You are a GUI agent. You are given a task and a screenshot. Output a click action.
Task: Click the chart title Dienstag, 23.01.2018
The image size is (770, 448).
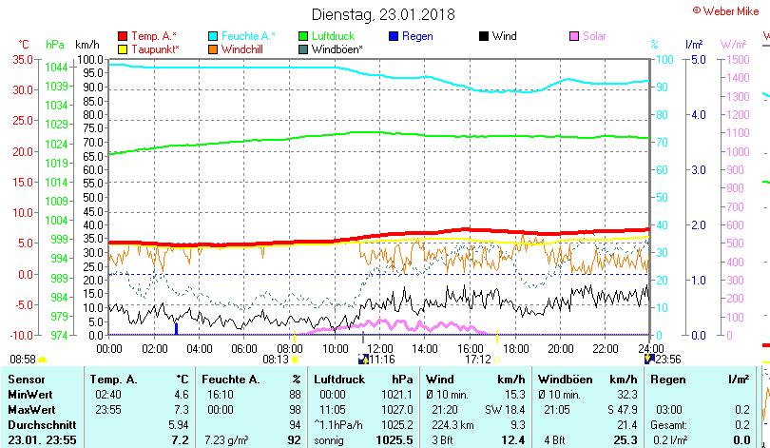pyautogui.click(x=383, y=14)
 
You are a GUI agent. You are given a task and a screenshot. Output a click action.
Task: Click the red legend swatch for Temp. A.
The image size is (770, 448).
pyautogui.click(x=123, y=36)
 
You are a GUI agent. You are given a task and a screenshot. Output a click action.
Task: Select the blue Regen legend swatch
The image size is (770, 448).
pyautogui.click(x=394, y=36)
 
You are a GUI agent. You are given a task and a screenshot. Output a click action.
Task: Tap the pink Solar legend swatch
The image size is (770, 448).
pyautogui.click(x=573, y=36)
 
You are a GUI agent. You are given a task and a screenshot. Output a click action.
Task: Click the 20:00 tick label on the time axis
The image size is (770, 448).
pyautogui.click(x=560, y=348)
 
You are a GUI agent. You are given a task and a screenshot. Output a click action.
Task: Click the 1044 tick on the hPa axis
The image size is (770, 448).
pyautogui.click(x=56, y=67)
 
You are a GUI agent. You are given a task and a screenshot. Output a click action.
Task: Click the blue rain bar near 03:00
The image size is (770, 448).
pyautogui.click(x=176, y=328)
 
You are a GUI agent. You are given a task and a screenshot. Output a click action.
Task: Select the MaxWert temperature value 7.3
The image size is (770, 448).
pyautogui.click(x=181, y=409)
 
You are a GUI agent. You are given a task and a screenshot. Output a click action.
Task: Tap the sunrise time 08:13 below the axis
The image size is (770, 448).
pyautogui.click(x=275, y=360)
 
